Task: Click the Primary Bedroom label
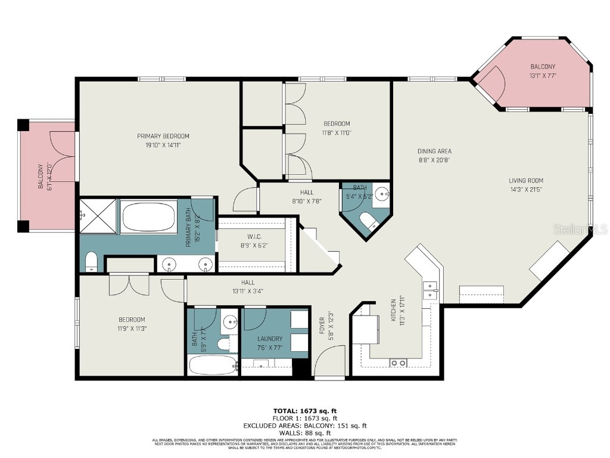click(x=163, y=137)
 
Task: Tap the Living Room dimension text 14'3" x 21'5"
click(x=525, y=190)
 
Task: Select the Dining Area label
click(x=434, y=151)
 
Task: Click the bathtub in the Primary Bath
click(x=150, y=217)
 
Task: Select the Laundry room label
click(x=269, y=339)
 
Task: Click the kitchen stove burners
click(x=398, y=362)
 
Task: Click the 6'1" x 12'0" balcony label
click(x=45, y=176)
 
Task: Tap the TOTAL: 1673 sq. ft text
click(x=305, y=410)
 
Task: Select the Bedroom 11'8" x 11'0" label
click(x=337, y=128)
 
